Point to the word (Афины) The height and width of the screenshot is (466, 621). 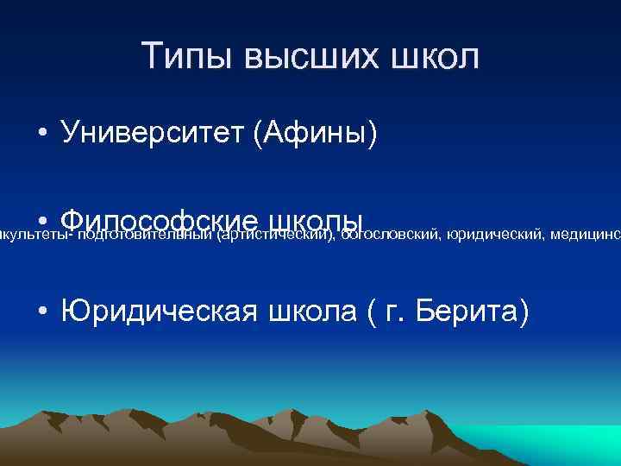[x=316, y=134]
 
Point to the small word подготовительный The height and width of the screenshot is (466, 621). [x=147, y=231]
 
